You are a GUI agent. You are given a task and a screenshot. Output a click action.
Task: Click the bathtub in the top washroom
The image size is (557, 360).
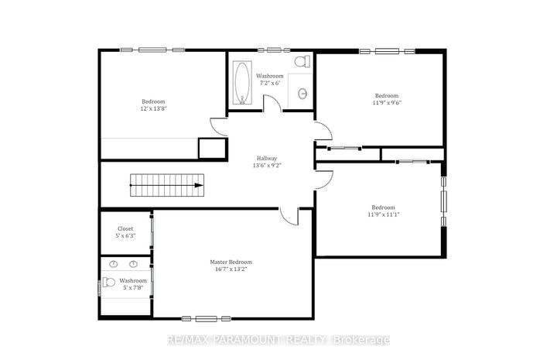click(242, 82)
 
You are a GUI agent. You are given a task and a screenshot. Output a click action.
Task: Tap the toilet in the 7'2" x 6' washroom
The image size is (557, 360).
click(302, 61)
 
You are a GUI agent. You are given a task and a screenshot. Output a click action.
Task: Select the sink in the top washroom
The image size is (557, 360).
click(302, 94)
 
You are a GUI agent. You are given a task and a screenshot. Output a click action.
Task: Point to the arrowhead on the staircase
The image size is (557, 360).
click(199, 185)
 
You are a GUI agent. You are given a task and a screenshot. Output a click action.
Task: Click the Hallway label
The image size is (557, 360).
click(267, 158)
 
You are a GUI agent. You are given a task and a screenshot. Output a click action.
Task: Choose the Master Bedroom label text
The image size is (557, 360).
click(231, 262)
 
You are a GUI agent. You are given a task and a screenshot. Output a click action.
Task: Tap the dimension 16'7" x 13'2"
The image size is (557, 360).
click(231, 269)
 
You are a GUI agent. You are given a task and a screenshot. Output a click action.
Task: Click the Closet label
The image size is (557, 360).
click(125, 229)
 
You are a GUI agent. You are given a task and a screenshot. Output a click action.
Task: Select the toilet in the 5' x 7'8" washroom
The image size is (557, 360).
click(109, 283)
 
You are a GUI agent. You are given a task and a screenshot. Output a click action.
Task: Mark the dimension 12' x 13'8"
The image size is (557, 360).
click(153, 108)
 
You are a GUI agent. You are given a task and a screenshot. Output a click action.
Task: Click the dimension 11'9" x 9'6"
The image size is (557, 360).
click(387, 103)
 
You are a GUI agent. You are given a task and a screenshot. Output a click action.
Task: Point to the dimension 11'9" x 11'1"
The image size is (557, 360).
click(383, 214)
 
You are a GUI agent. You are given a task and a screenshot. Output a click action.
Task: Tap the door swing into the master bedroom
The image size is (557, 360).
click(289, 216)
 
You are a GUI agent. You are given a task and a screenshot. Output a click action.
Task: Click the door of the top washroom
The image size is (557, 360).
click(272, 104)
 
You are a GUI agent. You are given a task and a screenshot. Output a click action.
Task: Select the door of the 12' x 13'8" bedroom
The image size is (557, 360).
click(219, 126)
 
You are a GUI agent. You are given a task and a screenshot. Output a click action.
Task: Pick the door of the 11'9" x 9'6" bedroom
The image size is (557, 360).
click(323, 130)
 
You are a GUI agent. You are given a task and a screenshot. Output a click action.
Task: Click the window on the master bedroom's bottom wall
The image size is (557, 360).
click(206, 319)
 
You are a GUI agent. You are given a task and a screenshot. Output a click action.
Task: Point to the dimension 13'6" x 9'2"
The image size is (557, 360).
click(267, 165)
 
